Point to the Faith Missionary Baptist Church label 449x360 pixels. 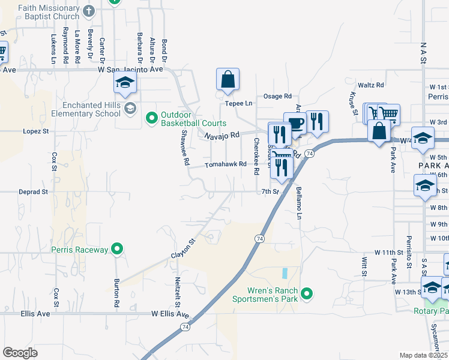[49, 12]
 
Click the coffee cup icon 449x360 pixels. [295, 123]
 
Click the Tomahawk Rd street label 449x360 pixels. [226, 164]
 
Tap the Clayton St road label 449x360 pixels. [184, 248]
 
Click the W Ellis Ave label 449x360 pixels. [170, 314]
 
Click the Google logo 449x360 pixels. [20, 353]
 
